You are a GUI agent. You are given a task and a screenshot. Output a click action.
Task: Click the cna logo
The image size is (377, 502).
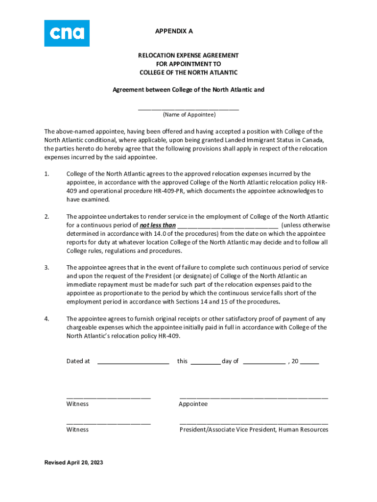(x=67, y=33)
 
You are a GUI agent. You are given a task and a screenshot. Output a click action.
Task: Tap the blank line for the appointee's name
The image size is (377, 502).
(x=188, y=109)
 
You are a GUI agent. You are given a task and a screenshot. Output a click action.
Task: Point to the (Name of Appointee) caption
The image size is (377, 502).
(x=189, y=115)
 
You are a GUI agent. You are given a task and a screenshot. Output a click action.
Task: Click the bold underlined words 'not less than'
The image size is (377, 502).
(x=158, y=226)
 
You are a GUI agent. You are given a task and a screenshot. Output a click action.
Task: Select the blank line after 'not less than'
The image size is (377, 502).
(x=228, y=226)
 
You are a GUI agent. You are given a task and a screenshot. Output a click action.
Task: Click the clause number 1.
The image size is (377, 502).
(x=47, y=174)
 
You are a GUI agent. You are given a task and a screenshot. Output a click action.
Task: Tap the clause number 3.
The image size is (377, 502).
(x=47, y=268)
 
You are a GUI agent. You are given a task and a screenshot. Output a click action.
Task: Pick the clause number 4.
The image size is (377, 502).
(x=47, y=319)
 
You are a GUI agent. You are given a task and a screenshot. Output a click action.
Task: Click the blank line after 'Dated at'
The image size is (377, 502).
(x=133, y=363)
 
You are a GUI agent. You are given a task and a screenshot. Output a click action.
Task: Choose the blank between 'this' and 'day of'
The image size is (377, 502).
(x=205, y=363)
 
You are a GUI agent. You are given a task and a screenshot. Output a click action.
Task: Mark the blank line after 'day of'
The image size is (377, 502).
(x=264, y=363)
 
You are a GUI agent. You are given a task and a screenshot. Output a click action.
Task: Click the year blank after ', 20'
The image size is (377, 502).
(x=309, y=363)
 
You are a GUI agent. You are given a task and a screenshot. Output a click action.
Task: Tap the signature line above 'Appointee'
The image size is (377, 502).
(x=254, y=397)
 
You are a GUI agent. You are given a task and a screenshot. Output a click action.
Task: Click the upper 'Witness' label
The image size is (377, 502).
(x=77, y=404)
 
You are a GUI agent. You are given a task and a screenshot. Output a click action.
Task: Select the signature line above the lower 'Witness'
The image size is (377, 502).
(x=108, y=422)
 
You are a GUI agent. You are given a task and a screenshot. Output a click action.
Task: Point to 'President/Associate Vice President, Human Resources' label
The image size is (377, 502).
(x=254, y=430)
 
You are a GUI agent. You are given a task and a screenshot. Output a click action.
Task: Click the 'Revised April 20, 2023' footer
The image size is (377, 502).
(x=74, y=463)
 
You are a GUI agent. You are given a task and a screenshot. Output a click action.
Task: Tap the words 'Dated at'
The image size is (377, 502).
(x=78, y=361)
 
